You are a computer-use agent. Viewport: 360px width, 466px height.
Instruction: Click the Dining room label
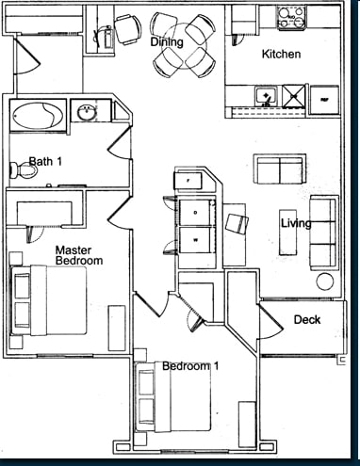pyautogui.click(x=166, y=42)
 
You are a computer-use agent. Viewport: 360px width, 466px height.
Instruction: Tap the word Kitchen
pyautogui.click(x=281, y=55)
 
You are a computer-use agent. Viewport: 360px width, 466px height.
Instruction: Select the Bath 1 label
pyautogui.click(x=44, y=162)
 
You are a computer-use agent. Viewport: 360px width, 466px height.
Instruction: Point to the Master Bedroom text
pyautogui.click(x=72, y=255)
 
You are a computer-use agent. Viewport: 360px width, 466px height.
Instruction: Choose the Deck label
pyautogui.click(x=306, y=319)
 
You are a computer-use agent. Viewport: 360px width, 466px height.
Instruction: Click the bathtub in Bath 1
pyautogui.click(x=37, y=115)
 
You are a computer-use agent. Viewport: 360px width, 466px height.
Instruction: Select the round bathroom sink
pyautogui.click(x=88, y=112)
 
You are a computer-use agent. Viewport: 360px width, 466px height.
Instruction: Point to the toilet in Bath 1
pyautogui.click(x=20, y=170)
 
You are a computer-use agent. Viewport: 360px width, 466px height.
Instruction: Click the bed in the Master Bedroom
pyautogui.click(x=49, y=299)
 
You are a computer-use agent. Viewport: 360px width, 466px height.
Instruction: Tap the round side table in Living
pyautogui.click(x=325, y=281)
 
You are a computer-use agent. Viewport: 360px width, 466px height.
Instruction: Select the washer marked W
pyautogui.click(x=195, y=241)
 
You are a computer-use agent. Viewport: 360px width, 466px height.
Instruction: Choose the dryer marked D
pyautogui.click(x=195, y=212)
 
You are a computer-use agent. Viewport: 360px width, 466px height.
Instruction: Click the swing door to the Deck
pyautogui.click(x=272, y=321)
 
